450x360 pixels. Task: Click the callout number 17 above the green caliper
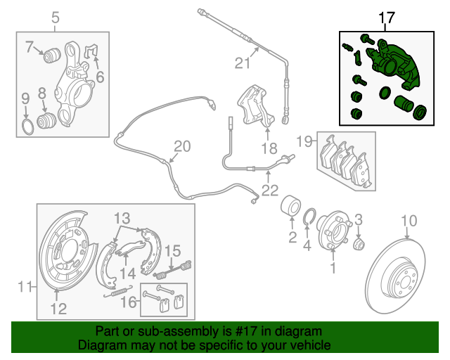click(x=387, y=17)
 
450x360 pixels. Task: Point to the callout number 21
click(x=243, y=64)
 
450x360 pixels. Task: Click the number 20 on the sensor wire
click(x=182, y=147)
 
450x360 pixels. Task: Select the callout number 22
click(x=269, y=190)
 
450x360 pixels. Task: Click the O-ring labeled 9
click(x=25, y=127)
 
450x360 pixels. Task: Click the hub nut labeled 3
click(x=359, y=243)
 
